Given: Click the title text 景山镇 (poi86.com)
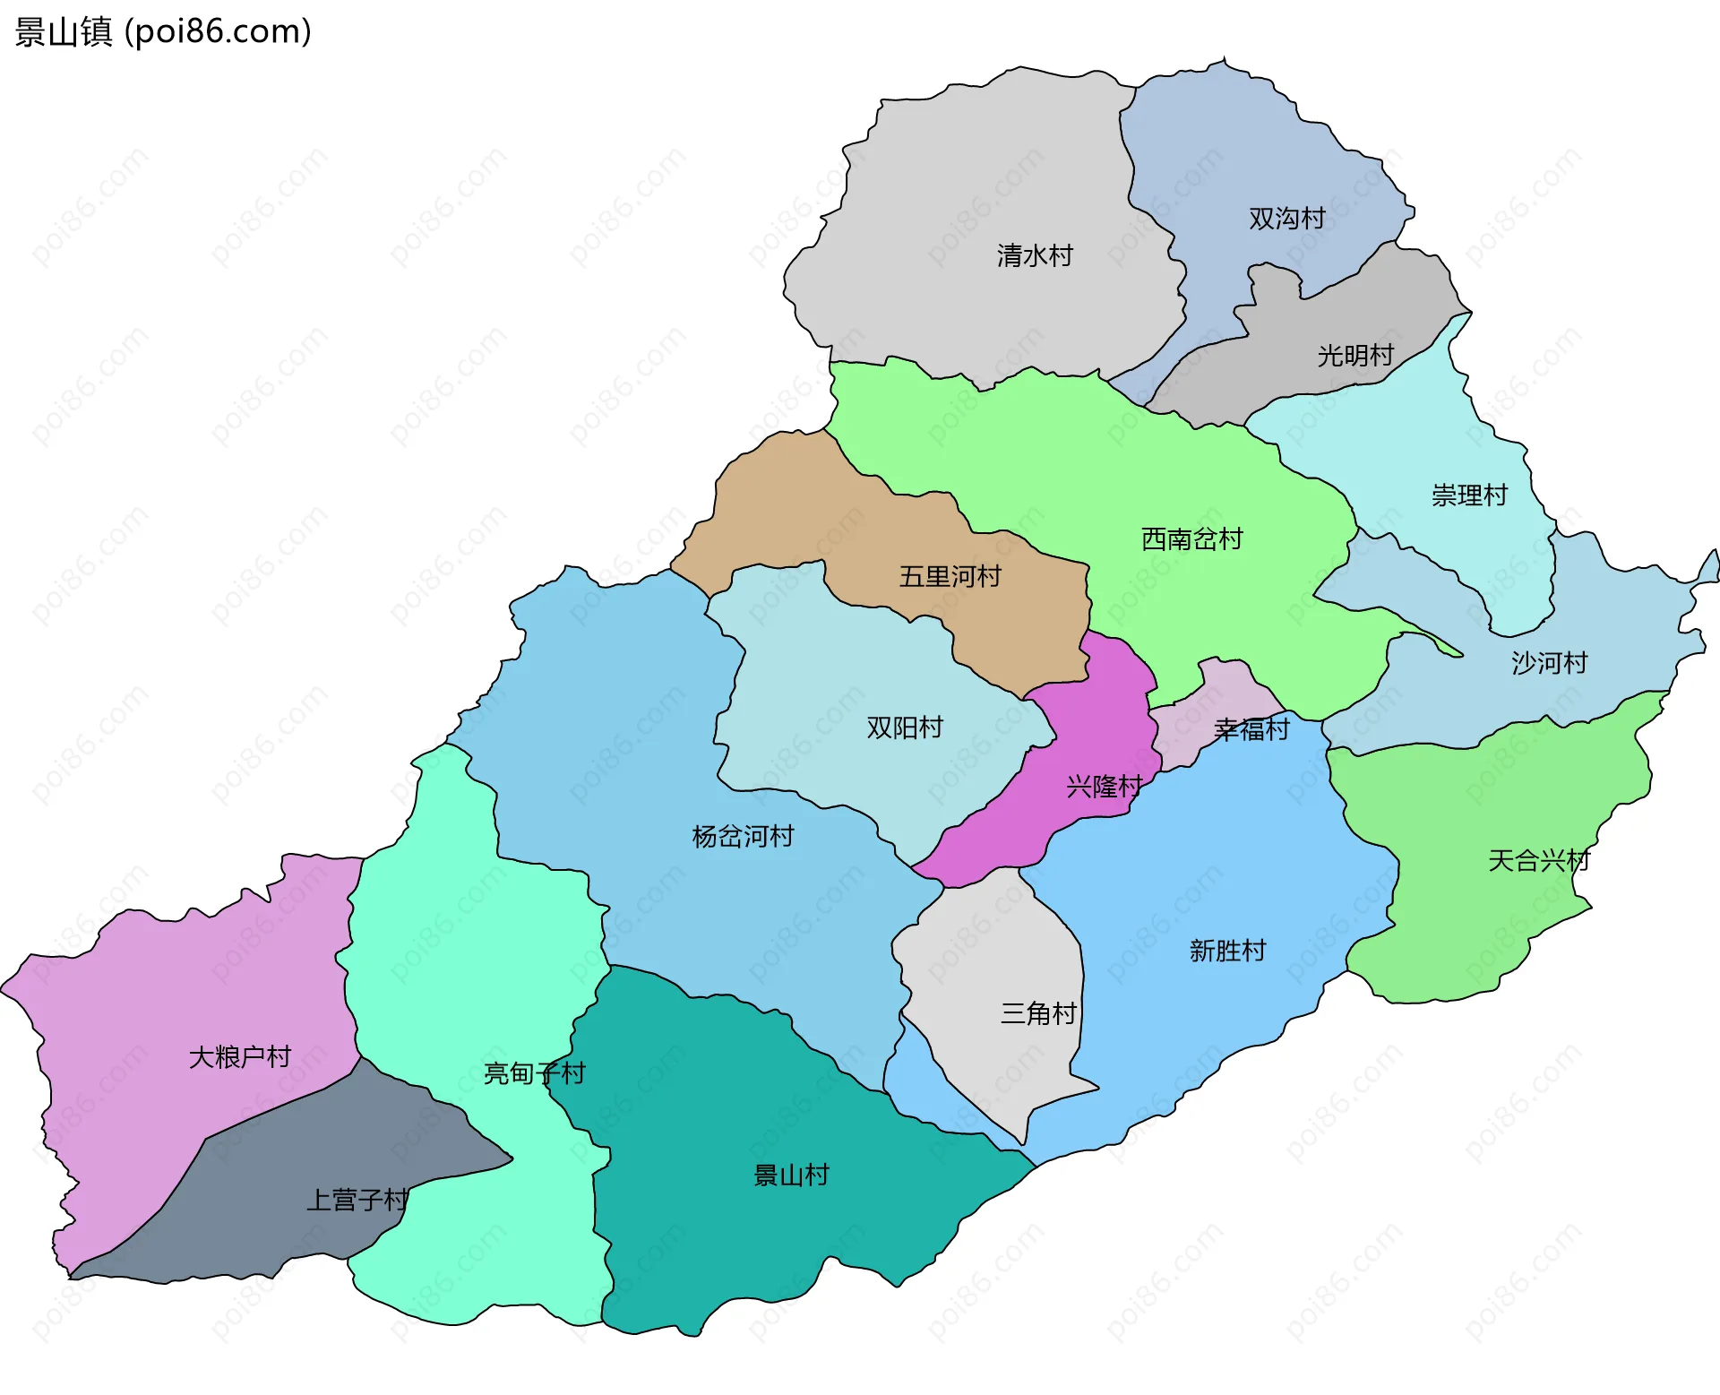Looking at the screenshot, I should pos(163,31).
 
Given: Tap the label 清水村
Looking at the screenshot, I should pos(1035,256).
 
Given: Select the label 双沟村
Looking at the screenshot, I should pos(1286,219).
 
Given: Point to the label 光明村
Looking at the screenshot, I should pos(1355,356).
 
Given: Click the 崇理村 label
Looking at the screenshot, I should pos(1469,495).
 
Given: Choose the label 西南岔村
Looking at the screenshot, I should pos(1191,539).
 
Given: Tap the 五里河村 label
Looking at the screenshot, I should pos(950,577).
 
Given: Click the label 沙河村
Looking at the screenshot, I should pos(1549,663).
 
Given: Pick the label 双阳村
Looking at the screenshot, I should pos(905,728).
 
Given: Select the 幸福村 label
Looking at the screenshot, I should pos(1251,730).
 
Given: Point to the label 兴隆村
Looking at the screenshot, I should pos(1104,787).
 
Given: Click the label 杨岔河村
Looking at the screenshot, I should pos(743,837).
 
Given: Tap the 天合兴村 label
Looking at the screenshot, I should pos(1538,861).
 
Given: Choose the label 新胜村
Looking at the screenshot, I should pos(1227,951).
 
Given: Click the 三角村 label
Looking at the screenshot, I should pos(1038,1014).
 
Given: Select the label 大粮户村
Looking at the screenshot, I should pos(240,1057).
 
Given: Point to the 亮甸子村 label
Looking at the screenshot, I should pos(534,1073).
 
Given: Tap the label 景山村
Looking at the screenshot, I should pos(791,1175).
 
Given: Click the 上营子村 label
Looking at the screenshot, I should pos(357,1201).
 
